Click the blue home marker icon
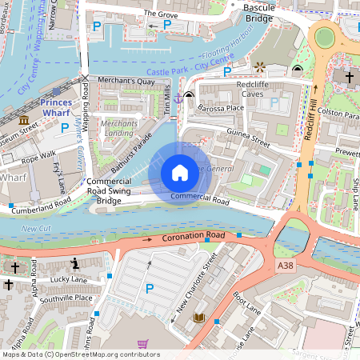180,172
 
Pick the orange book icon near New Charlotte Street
199,318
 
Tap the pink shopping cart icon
142,344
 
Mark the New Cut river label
34,229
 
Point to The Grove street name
160,13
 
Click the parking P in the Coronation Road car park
149,288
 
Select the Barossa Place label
222,107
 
